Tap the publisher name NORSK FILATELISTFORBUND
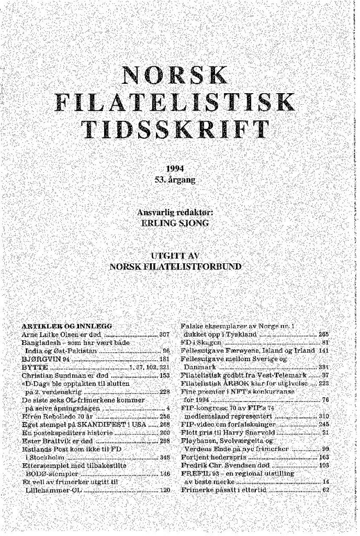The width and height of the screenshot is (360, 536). (175, 266)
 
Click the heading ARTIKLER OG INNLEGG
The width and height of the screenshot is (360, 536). (67, 326)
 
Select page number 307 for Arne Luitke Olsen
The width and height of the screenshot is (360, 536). (164, 333)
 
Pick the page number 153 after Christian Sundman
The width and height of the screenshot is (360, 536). (164, 376)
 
